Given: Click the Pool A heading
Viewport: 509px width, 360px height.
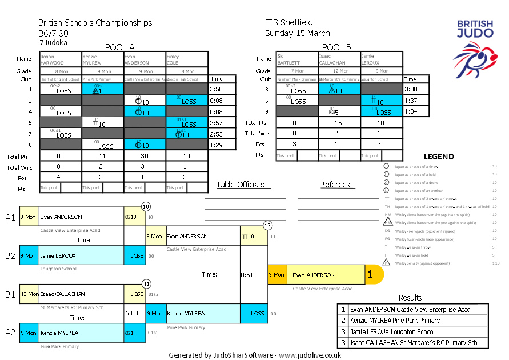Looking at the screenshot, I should click(120, 47).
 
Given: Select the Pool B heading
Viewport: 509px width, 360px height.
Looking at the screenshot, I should click(336, 47).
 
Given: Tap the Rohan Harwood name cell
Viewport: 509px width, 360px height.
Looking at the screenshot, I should click(61, 59).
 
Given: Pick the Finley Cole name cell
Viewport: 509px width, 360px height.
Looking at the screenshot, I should click(187, 59).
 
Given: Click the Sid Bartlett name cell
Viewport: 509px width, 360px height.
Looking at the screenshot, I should click(297, 59).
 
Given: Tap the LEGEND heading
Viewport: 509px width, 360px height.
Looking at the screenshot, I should click(439, 157).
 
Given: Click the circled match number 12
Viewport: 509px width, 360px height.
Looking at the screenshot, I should click(267, 225).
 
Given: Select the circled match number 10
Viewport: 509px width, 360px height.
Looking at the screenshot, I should click(146, 206).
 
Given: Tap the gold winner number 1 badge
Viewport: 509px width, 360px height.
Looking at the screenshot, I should click(370, 275).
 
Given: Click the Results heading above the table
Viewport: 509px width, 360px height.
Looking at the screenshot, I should click(410, 298).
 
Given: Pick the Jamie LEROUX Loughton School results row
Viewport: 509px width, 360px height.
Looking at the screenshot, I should click(412, 331).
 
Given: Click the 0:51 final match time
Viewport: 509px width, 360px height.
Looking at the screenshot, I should click(247, 274).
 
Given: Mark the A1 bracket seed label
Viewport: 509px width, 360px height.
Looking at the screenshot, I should click(11, 217).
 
